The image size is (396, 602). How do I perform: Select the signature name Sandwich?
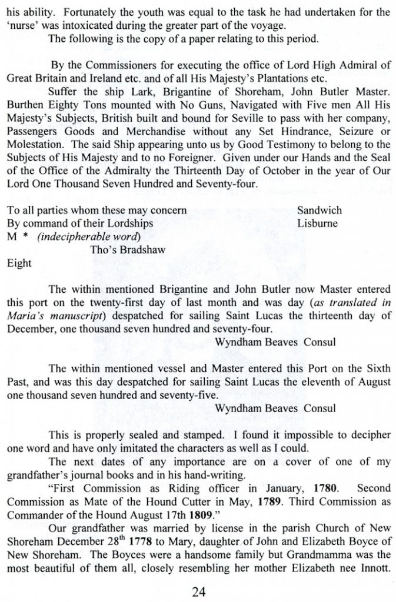tap(320, 210)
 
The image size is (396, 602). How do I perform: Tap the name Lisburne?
tap(318, 223)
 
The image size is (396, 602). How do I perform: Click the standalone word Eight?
tap(18, 265)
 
